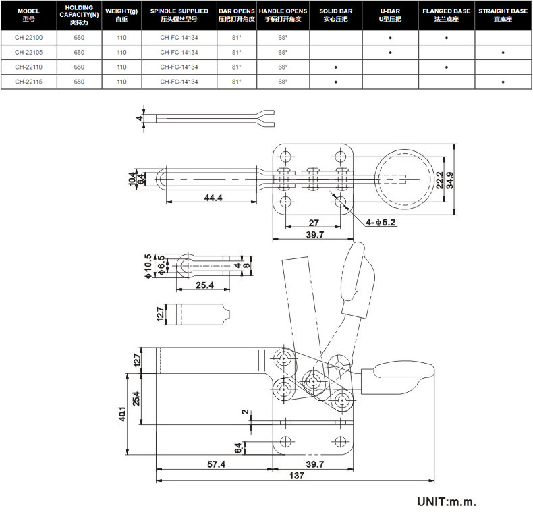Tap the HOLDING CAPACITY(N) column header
pos(79,15)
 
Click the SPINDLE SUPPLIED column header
pos(179,15)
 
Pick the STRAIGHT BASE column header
pos(503,15)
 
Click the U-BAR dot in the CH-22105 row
pos(390,52)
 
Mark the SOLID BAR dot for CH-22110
pos(335,67)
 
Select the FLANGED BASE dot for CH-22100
pos(447,37)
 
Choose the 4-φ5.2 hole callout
pos(381,221)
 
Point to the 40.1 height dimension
pos(122,412)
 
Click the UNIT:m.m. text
pos(446,502)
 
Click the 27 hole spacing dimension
pos(313,222)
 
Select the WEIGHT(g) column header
pos(121,15)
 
